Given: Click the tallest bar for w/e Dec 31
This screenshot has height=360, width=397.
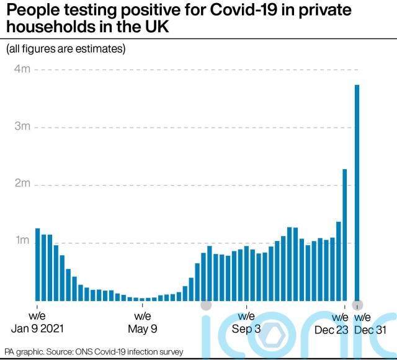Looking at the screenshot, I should [x=357, y=192].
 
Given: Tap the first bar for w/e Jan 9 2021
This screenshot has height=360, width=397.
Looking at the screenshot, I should [x=37, y=264].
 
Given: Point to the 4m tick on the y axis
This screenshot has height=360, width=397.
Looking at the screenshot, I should [x=22, y=69].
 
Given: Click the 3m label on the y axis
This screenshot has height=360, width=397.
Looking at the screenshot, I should [x=22, y=126].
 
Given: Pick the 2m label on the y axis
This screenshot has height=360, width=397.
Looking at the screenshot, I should [x=22, y=183].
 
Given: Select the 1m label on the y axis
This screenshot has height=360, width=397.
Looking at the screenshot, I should [x=22, y=240].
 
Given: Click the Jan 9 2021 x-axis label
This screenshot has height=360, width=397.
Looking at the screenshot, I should [x=37, y=329].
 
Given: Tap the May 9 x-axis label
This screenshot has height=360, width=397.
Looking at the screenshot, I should [x=143, y=329].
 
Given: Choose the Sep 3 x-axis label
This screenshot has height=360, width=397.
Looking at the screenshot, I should [x=246, y=329].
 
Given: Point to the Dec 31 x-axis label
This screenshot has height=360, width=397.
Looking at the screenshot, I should [x=370, y=329].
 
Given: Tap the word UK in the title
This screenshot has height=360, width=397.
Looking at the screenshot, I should [x=157, y=29].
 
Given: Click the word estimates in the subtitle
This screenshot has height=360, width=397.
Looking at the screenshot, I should [x=104, y=48].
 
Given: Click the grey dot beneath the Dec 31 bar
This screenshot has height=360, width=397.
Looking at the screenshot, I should [x=357, y=305].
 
